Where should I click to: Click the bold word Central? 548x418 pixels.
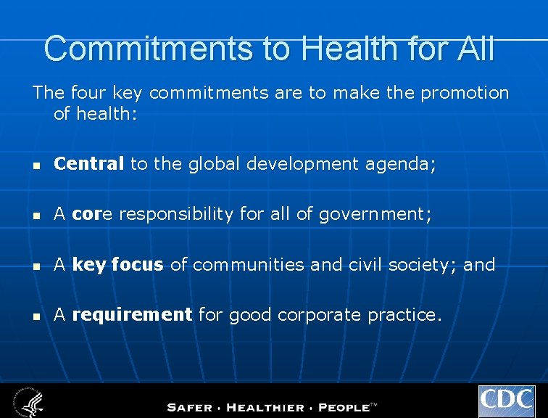click(x=89, y=165)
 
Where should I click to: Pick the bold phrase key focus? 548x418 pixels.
click(x=117, y=265)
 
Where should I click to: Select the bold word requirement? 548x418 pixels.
click(x=132, y=314)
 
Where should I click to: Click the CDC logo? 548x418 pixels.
click(x=507, y=401)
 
